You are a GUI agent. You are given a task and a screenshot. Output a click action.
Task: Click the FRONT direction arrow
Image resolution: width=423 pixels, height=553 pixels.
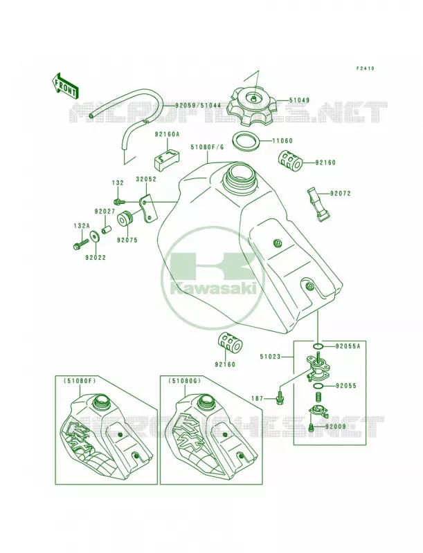click(x=64, y=85)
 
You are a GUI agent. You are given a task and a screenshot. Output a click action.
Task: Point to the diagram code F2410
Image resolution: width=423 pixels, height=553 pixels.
click(x=365, y=68)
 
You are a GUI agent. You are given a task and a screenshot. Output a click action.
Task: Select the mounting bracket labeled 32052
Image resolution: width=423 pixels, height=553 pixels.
click(x=148, y=209)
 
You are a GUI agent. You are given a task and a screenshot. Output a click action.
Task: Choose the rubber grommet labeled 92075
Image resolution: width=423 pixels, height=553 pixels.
click(x=125, y=220)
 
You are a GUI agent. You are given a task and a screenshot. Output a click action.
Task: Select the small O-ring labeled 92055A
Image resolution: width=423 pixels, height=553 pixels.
click(x=318, y=346)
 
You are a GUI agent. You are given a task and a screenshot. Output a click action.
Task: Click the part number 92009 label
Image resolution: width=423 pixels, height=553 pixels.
click(x=336, y=427)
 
